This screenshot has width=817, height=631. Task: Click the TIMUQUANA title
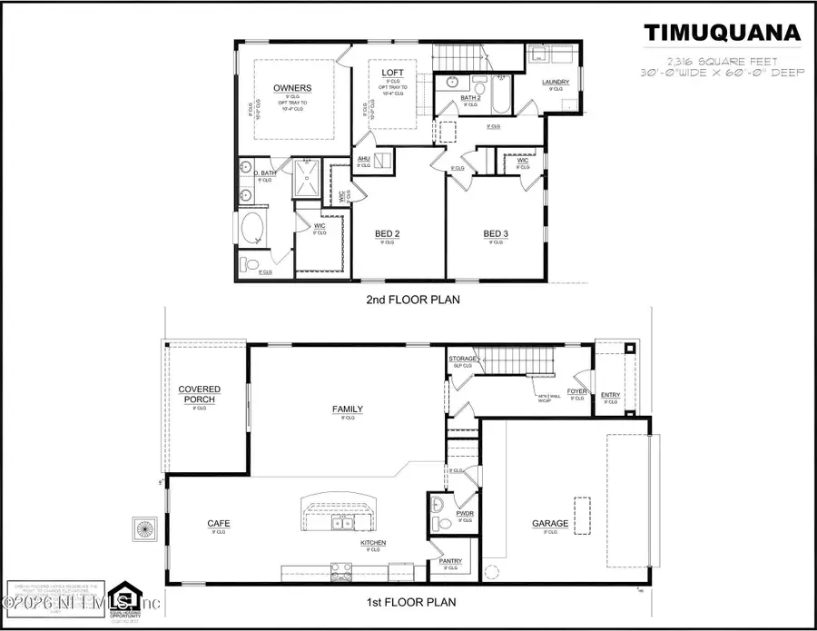pyautogui.click(x=723, y=34)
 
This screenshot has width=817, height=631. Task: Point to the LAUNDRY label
pyautogui.click(x=556, y=83)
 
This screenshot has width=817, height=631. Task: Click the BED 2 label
pyautogui.click(x=388, y=233)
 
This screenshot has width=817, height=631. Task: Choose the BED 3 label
pyautogui.click(x=496, y=233)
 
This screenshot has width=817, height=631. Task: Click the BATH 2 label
pyautogui.click(x=470, y=97)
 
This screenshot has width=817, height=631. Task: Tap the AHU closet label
pyautogui.click(x=364, y=158)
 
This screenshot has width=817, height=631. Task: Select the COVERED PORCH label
pyautogui.click(x=200, y=394)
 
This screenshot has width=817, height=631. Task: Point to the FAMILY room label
pyautogui.click(x=347, y=409)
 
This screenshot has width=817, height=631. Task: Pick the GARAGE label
pyautogui.click(x=550, y=524)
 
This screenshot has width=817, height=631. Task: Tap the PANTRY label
pyautogui.click(x=450, y=561)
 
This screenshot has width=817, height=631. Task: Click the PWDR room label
pyautogui.click(x=465, y=513)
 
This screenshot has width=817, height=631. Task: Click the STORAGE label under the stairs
pyautogui.click(x=462, y=359)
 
